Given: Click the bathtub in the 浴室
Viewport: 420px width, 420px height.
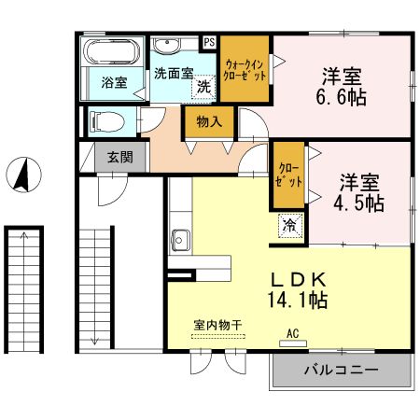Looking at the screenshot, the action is (x=112, y=51).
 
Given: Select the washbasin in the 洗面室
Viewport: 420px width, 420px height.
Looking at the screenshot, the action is (x=167, y=46).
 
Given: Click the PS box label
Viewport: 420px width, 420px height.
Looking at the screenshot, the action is (x=210, y=42).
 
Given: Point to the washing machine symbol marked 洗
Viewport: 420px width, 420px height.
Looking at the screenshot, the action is (x=203, y=87).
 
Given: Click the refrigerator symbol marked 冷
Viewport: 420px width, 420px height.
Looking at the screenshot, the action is (x=290, y=226).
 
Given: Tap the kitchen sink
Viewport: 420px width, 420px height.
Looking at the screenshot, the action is (x=180, y=240).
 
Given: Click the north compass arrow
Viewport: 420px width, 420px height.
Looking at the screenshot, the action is (x=22, y=175).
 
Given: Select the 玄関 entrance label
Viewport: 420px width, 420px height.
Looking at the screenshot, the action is (x=120, y=157).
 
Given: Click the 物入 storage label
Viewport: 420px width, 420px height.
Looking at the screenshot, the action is (x=209, y=121).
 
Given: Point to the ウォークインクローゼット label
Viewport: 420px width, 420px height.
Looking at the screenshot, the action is (x=245, y=70).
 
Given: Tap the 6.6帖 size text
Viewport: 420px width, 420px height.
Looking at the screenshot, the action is (x=341, y=97).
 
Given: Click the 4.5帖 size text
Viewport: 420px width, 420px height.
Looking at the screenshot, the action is (x=358, y=203).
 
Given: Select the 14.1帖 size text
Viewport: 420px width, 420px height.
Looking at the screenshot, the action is (x=298, y=300).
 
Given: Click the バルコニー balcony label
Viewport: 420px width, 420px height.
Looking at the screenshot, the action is (x=341, y=370).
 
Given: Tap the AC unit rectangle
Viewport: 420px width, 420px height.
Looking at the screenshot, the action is (x=293, y=343).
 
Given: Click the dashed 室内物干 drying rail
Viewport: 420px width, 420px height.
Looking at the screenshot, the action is (x=217, y=336).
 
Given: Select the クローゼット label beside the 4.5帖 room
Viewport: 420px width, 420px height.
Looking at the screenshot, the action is (x=288, y=175).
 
